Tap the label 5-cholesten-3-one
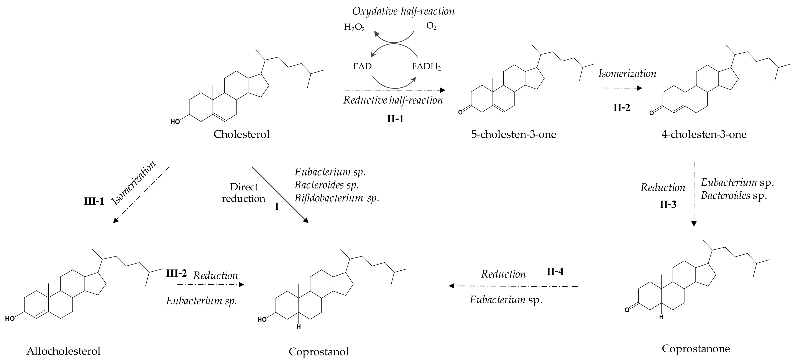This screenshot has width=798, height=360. pyautogui.click(x=513, y=134)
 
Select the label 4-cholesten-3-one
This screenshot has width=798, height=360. pyautogui.click(x=704, y=134)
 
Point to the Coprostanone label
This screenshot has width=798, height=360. pyautogui.click(x=696, y=348)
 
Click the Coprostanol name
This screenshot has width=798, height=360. pyautogui.click(x=319, y=351)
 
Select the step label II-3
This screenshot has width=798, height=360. pyautogui.click(x=668, y=204)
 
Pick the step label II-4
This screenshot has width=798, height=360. pyautogui.click(x=555, y=272)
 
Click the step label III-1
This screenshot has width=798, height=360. pyautogui.click(x=94, y=201)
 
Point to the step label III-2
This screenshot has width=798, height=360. pyautogui.click(x=176, y=273)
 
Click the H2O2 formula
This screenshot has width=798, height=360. pyautogui.click(x=354, y=28)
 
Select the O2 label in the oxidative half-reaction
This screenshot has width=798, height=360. pyautogui.click(x=431, y=26)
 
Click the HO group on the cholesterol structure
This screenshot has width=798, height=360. pyautogui.click(x=175, y=122)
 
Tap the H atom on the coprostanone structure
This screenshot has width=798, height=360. pyautogui.click(x=661, y=317)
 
